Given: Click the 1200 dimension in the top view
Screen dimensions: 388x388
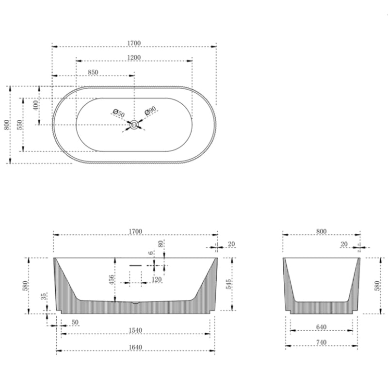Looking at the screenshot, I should tap(134, 57).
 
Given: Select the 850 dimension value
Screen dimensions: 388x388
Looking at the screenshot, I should tap(93, 72).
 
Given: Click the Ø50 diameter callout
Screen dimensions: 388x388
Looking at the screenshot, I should tap(119, 113).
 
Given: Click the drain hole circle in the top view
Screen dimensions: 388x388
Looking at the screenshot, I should tap(134, 125).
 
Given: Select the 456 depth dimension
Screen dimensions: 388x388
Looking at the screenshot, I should tap(111, 279).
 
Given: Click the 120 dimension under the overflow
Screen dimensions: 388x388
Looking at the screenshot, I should tap(156, 280).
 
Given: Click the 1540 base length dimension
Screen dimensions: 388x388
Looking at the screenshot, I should tap(135, 330).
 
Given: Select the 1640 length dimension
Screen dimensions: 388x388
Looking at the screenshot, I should tap(135, 347).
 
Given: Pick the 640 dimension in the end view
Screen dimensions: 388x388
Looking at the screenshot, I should tap(321, 327).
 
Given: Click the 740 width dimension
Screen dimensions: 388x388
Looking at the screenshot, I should tap(321, 342).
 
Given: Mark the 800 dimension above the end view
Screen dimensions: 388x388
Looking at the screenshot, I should tap(321, 231).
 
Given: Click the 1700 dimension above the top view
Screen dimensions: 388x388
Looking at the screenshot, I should tap(134, 43).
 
